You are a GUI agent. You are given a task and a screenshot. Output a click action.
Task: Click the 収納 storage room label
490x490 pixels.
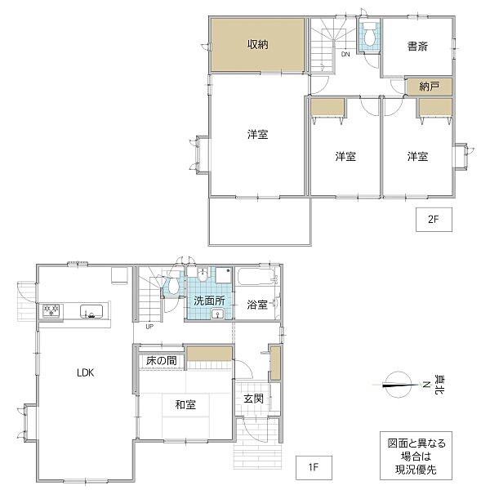[258, 45]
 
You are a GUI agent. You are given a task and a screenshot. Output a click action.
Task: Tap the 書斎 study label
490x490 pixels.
[416, 47]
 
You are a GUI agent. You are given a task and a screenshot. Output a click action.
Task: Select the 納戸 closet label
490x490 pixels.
[430, 85]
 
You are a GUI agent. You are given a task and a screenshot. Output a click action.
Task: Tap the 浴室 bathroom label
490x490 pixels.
[257, 305]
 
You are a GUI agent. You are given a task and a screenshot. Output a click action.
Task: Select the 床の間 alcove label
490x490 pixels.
[162, 359]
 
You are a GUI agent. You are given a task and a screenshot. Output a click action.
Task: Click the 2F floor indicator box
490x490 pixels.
[433, 218]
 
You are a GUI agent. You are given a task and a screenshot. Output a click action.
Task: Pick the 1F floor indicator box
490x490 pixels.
[313, 468]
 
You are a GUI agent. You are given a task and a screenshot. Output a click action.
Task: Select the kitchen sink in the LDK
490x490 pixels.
[90, 310]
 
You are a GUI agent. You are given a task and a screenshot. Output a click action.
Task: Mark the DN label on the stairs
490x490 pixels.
[345, 55]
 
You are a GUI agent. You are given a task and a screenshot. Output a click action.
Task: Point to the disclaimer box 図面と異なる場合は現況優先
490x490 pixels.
[416, 456]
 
